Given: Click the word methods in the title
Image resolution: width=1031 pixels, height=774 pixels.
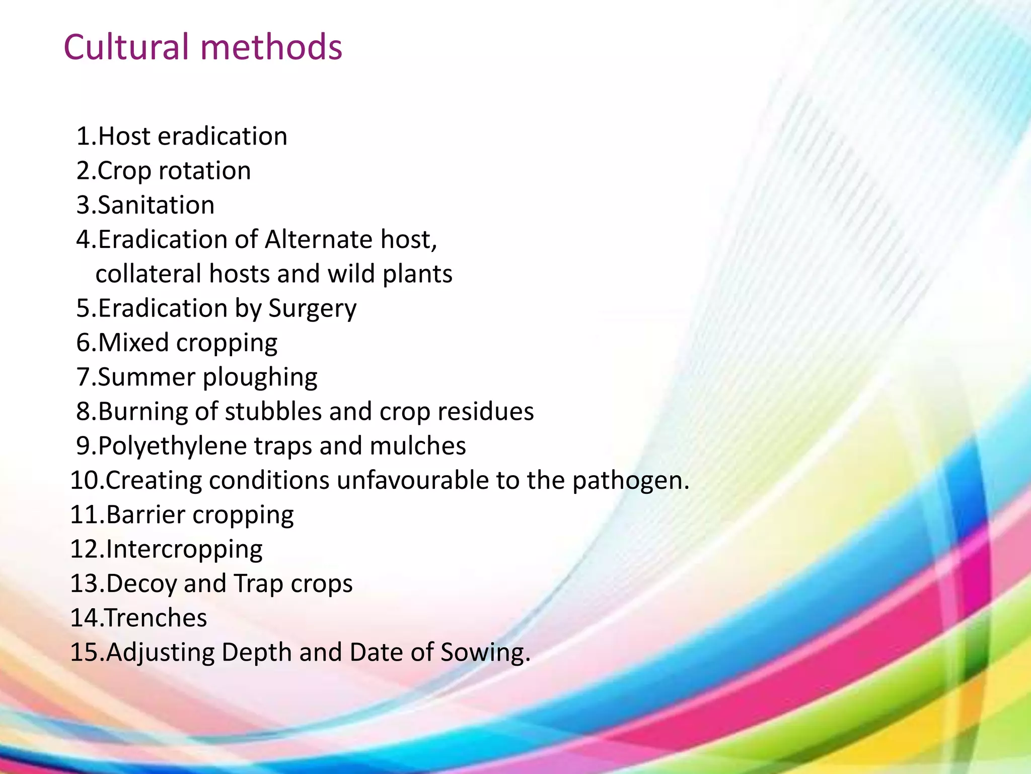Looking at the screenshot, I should tap(271, 47).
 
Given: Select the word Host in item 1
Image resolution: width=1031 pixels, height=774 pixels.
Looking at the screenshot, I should tap(124, 137).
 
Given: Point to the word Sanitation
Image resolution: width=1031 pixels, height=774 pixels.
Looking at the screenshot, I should tap(156, 205).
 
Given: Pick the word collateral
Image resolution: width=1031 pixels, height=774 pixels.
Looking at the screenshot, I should tap(149, 274).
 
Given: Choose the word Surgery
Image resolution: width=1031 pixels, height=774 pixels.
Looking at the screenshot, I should tap(312, 309).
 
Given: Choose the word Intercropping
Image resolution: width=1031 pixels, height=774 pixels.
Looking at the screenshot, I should tap(184, 550).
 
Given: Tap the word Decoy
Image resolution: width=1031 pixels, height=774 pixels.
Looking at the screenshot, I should tap(141, 584).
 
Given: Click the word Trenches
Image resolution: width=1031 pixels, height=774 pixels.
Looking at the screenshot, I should tap(156, 618).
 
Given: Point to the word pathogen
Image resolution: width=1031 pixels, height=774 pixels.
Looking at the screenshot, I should tap(629, 481).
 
